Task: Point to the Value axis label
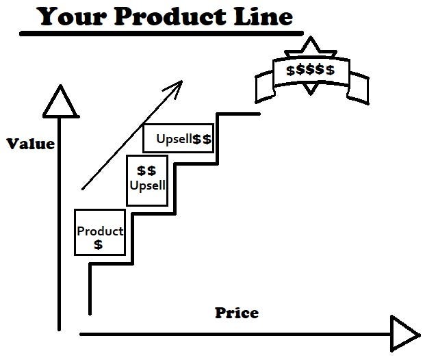(30, 144)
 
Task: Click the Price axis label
(237, 313)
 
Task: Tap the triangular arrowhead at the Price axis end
(404, 333)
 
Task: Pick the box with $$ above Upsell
(147, 180)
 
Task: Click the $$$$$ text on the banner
(310, 70)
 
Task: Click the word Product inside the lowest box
(100, 231)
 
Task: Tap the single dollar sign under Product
(99, 244)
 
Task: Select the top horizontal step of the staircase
(238, 114)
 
